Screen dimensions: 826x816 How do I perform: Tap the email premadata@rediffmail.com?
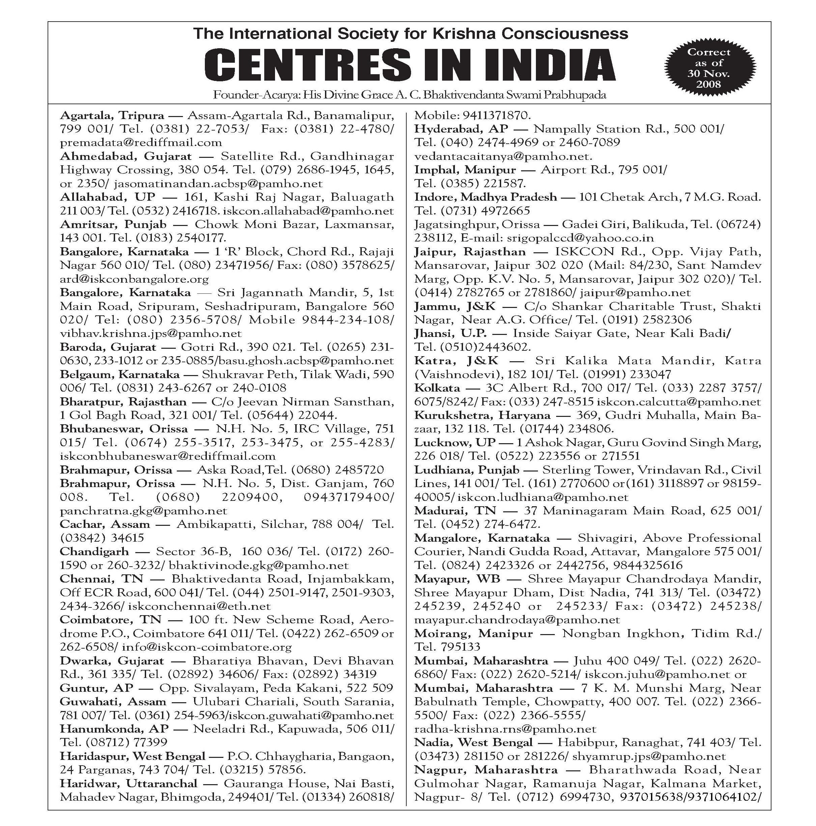click(x=141, y=142)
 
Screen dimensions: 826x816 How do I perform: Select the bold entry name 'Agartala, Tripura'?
click(x=112, y=115)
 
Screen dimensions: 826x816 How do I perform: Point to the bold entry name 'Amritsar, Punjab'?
click(x=113, y=224)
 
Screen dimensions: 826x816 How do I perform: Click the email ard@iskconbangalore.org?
click(x=134, y=279)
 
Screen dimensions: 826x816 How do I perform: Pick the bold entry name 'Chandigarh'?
click(x=94, y=551)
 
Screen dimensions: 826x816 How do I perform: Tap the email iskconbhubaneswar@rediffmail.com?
click(x=168, y=456)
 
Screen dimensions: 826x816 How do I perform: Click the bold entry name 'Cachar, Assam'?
click(x=105, y=524)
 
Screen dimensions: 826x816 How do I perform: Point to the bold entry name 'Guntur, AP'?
click(x=97, y=688)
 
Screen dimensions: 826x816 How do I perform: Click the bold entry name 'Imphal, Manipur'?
click(x=465, y=170)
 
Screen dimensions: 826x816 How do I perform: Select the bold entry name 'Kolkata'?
click(x=437, y=388)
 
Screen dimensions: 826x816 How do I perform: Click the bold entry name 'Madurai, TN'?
click(x=455, y=511)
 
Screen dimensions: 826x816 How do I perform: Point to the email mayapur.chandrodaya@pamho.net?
click(x=517, y=620)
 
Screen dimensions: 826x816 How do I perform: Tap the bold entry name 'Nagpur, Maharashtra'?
click(x=486, y=770)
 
